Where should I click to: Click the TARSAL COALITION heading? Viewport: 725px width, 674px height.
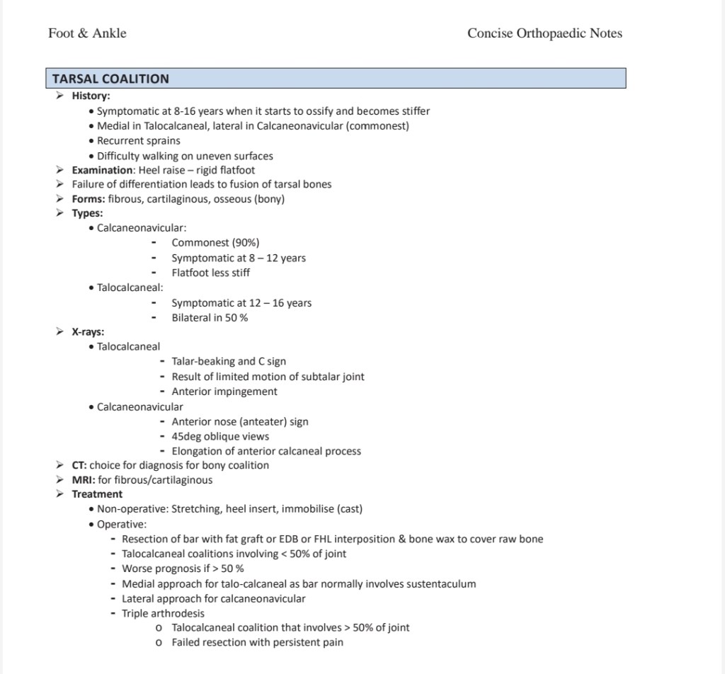click(110, 79)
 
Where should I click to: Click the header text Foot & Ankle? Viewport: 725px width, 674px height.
click(87, 33)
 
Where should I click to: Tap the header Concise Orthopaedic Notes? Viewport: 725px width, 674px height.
click(544, 33)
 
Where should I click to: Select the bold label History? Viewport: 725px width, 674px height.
click(91, 96)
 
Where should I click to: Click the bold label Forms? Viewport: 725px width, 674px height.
click(89, 199)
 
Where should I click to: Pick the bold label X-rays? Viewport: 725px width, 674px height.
click(88, 331)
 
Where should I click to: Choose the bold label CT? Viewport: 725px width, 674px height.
click(79, 465)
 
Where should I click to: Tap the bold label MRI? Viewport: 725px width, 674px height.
click(83, 480)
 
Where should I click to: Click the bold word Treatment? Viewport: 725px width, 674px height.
click(97, 494)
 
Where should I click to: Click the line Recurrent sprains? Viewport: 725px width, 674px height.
click(139, 140)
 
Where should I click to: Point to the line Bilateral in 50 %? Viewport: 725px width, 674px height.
click(210, 318)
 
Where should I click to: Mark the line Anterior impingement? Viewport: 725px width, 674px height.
click(224, 392)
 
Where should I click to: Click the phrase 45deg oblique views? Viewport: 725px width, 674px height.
click(220, 436)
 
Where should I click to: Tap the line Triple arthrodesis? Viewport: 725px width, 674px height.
click(163, 613)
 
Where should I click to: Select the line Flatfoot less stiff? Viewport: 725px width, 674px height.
click(210, 273)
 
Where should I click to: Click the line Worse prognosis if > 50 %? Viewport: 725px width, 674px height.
click(183, 569)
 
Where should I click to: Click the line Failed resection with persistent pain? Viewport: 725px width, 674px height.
click(257, 642)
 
